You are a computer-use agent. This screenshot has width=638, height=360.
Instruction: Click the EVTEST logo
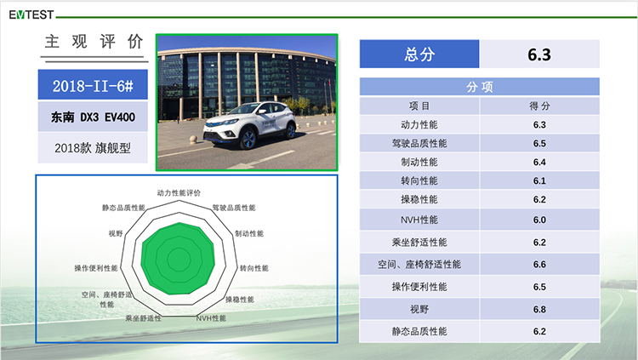click(31, 14)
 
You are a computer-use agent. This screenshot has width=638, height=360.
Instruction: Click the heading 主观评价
click(94, 42)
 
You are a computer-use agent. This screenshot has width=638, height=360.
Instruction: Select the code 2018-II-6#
click(93, 85)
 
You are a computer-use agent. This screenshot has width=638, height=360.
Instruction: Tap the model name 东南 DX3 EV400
click(93, 117)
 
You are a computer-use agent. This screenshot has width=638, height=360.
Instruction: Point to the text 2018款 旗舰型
click(93, 148)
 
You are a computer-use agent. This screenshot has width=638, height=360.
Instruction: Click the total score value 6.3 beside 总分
click(539, 54)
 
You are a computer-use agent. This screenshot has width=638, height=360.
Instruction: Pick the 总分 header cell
click(419, 54)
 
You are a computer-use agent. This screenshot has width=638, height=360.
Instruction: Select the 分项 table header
click(479, 87)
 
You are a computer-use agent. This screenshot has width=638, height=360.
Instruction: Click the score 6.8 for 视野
click(539, 310)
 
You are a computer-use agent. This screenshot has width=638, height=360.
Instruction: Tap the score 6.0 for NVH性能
click(539, 220)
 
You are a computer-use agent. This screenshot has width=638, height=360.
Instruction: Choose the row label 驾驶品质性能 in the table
click(419, 143)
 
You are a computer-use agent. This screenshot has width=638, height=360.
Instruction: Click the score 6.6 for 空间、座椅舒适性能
click(539, 265)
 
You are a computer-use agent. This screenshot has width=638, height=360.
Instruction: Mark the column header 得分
click(539, 106)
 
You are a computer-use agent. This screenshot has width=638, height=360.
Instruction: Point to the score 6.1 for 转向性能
click(539, 180)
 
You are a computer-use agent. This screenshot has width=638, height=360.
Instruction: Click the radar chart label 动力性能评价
click(179, 193)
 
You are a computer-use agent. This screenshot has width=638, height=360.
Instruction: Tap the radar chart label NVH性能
click(211, 318)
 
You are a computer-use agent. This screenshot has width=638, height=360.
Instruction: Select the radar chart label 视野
click(116, 233)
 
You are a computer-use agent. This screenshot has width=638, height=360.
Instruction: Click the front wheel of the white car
click(248, 140)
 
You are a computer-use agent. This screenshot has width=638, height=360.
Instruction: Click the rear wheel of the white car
click(291, 131)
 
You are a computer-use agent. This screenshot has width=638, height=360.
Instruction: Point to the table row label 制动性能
click(419, 162)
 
